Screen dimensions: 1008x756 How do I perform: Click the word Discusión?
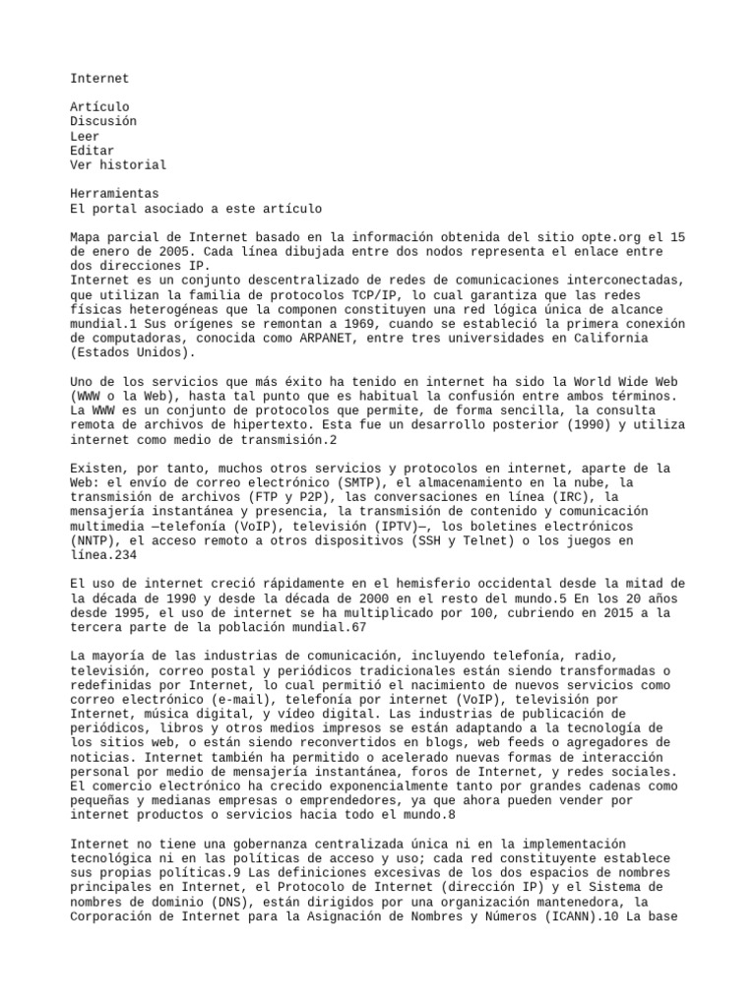click(x=103, y=121)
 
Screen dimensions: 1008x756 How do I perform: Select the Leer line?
click(x=85, y=136)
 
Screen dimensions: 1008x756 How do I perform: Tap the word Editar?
click(x=93, y=151)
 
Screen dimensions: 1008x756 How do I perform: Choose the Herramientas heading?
click(x=114, y=194)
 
